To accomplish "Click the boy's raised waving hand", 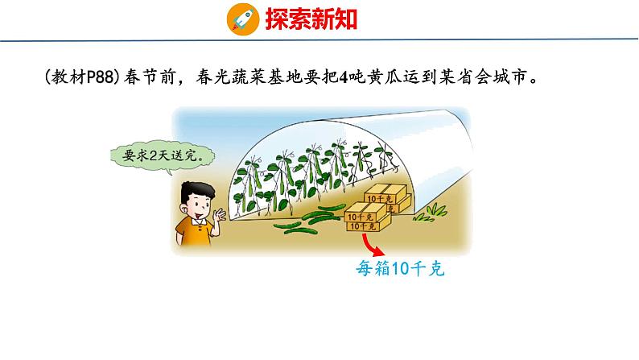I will click(x=219, y=215).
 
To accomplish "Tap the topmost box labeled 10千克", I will click(x=382, y=196).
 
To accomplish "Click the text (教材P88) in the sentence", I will click(x=82, y=79).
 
